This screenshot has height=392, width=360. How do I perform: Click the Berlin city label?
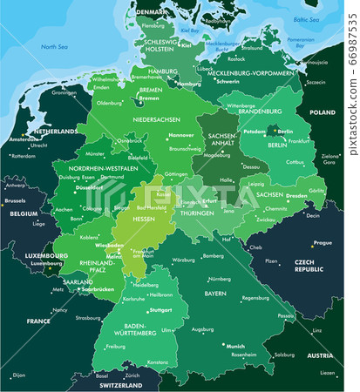tap(285, 132)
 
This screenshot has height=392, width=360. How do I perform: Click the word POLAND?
tap(323, 112)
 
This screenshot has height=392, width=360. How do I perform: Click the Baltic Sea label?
tap(306, 19)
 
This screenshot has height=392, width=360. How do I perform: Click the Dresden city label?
tap(295, 195)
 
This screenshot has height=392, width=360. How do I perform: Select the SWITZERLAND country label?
tap(120, 384)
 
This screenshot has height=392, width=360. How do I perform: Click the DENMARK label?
tap(152, 12)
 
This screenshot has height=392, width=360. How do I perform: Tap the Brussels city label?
tap(17, 199)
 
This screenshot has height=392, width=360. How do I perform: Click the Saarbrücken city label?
tap(100, 288)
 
